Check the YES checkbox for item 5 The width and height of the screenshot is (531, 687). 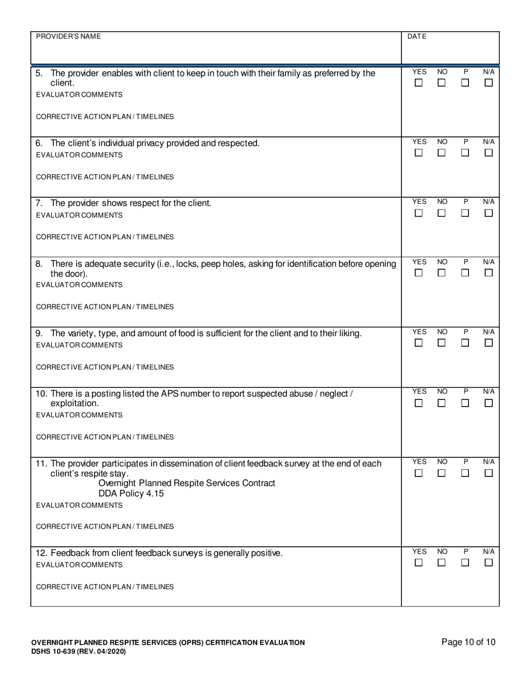coord(418,83)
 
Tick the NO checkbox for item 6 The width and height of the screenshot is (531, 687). coord(442,152)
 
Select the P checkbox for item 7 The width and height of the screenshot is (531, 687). coord(465,213)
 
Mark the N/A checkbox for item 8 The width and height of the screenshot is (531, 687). coord(489,273)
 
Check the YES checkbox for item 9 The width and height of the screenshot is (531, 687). coord(418,343)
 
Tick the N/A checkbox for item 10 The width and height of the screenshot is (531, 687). coord(489,403)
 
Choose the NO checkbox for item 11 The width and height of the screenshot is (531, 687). coord(442,473)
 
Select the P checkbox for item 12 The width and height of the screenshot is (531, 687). coord(465,563)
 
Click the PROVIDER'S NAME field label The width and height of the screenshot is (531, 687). coord(68,36)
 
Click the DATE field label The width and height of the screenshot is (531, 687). coord(416,36)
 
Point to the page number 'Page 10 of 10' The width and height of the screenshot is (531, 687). coord(468,642)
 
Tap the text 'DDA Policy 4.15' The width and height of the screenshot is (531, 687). coord(131,494)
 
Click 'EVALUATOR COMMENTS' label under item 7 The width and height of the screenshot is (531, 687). coord(79,215)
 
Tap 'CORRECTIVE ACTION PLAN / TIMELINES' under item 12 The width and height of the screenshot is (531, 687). coord(105,587)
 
